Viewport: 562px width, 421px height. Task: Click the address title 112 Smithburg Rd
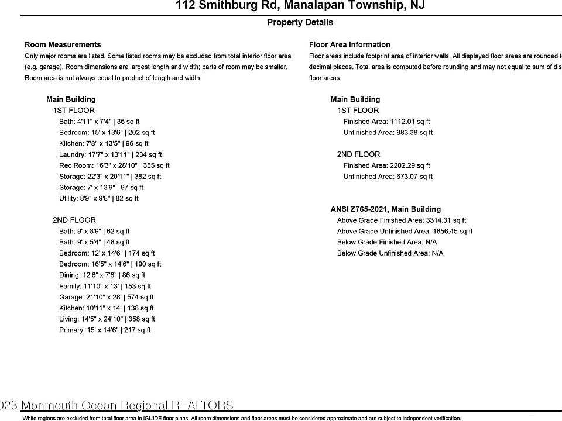[x=300, y=6]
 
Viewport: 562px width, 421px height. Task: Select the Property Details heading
[x=300, y=22]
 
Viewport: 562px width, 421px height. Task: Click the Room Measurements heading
[x=63, y=44]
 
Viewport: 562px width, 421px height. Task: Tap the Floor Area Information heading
[x=349, y=44]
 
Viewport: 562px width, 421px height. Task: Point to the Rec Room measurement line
[x=114, y=165]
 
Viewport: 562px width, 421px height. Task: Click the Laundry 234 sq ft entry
[x=110, y=155]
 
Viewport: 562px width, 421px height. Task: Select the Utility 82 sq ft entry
[x=99, y=199]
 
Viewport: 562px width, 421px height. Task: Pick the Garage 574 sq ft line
[x=107, y=297]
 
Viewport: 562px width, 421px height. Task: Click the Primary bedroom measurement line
[x=105, y=330]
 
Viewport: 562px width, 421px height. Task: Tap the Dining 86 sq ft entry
[x=102, y=275]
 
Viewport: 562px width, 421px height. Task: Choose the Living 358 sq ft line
[x=107, y=319]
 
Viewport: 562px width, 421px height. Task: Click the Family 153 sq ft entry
[x=105, y=287]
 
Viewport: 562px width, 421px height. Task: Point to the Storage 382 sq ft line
[x=110, y=177]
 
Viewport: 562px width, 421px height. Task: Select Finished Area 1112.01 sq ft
[x=386, y=122]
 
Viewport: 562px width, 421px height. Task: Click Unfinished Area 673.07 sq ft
[x=388, y=177]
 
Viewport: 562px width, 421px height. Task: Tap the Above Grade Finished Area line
[x=402, y=220]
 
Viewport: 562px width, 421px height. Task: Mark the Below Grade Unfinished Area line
[x=390, y=253]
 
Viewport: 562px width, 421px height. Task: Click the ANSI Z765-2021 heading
[x=386, y=209]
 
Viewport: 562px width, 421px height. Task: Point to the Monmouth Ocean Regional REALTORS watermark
[x=116, y=405]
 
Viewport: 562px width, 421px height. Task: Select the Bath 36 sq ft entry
[x=100, y=122]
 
